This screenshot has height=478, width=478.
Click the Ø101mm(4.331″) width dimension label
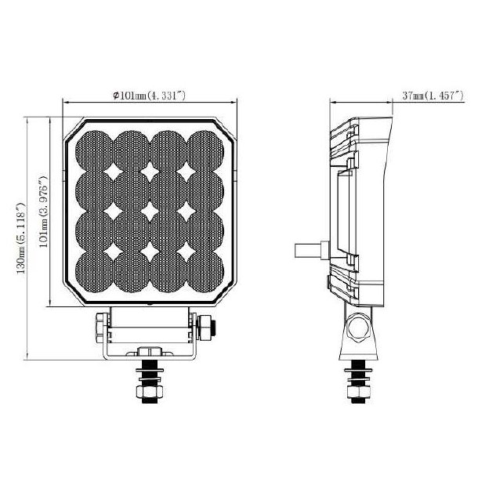pyautogui.click(x=149, y=95)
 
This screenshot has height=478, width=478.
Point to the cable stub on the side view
pyautogui.click(x=310, y=248)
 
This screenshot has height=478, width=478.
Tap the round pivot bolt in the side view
pyautogui.click(x=360, y=324)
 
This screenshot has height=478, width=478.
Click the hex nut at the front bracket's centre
pyautogui.click(x=150, y=353)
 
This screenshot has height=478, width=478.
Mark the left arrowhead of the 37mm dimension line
pyautogui.click(x=331, y=100)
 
